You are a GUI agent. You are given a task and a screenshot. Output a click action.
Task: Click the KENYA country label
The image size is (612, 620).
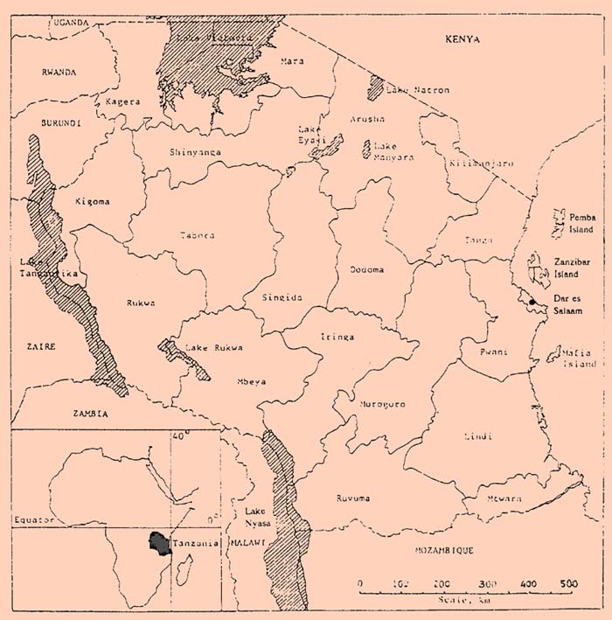462,39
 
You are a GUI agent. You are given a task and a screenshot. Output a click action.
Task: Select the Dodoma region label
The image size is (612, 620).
366,269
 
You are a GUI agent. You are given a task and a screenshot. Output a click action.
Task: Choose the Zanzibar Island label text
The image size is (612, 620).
574,267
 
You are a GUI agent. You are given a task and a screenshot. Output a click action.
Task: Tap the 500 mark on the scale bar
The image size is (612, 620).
568,582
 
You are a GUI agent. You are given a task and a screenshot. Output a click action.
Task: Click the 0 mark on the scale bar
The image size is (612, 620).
361,582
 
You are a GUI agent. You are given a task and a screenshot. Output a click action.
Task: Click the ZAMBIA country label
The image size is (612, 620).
90,413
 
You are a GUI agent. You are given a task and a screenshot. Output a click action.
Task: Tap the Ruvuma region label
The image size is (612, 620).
353,498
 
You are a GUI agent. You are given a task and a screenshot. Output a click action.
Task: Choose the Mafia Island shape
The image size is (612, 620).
554,354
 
